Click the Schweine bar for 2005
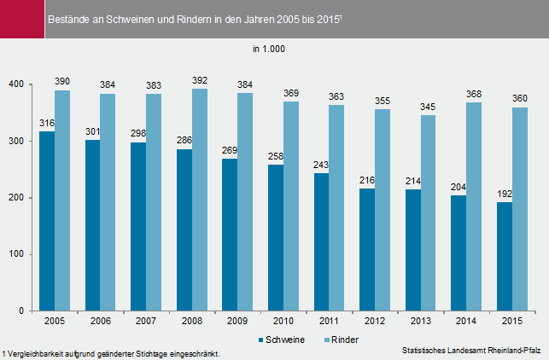47,221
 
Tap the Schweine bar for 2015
505,256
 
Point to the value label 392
200,82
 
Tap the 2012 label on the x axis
375,322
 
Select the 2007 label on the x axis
146,322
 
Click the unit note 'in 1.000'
269,49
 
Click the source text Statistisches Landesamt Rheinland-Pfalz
471,350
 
